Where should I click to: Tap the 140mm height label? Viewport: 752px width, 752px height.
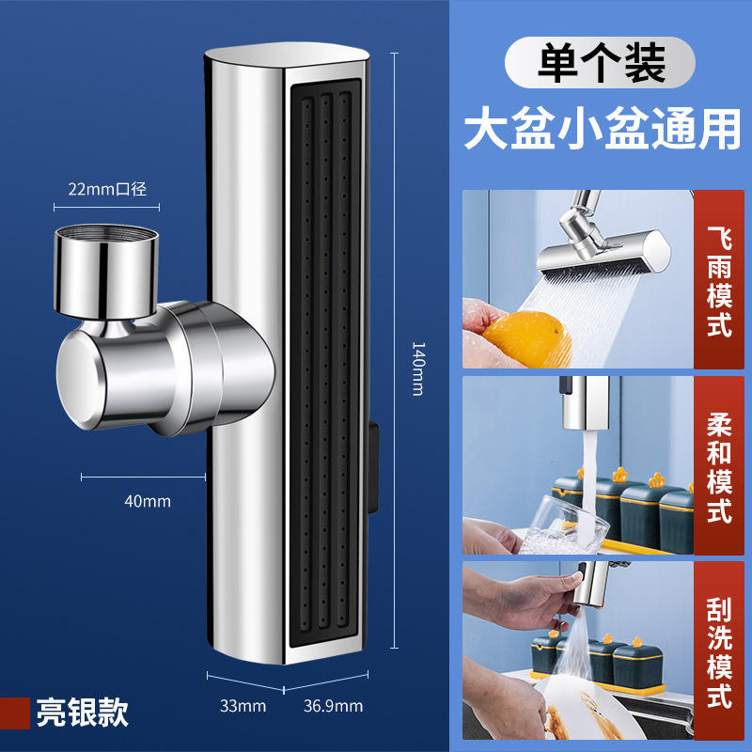[418, 368]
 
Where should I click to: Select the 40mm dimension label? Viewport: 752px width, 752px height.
[148, 501]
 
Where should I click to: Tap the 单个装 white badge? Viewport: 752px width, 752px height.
[601, 65]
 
